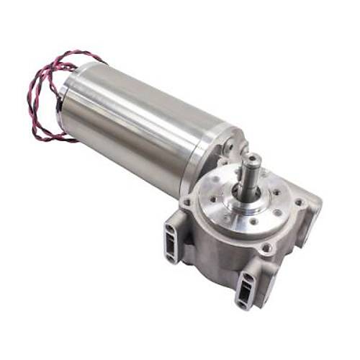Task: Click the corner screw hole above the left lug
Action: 189,203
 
